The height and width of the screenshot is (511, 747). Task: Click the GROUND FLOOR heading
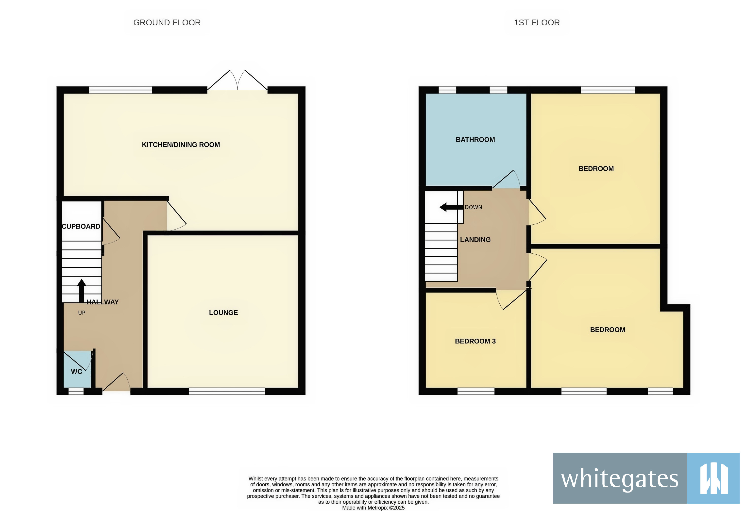click(167, 22)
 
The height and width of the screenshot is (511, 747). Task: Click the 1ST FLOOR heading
click(536, 22)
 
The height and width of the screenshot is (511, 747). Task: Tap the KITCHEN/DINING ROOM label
click(181, 145)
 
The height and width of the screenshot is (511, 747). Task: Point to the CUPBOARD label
click(81, 226)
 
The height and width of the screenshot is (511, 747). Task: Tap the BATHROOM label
click(475, 139)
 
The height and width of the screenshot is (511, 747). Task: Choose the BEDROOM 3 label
click(475, 341)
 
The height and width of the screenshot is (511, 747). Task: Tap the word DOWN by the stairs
click(473, 207)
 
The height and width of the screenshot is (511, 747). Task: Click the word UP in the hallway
click(82, 313)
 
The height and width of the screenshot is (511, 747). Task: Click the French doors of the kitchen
click(237, 80)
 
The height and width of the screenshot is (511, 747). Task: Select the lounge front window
click(227, 391)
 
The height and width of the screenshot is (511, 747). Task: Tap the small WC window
click(76, 391)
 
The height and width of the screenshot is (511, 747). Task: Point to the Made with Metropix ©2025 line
click(373, 508)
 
